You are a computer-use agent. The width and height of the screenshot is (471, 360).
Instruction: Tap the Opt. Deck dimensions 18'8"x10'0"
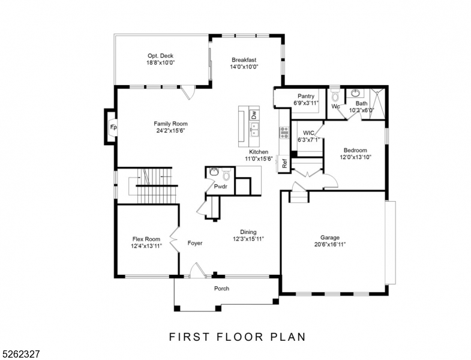pyautogui.click(x=160, y=62)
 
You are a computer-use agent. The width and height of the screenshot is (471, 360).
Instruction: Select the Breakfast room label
pyautogui.click(x=244, y=59)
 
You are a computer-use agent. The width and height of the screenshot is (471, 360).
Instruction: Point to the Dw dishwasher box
pyautogui.click(x=254, y=114)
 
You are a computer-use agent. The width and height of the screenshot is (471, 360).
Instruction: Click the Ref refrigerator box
pyautogui.click(x=284, y=162)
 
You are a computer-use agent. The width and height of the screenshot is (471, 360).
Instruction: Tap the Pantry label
pyautogui.click(x=306, y=96)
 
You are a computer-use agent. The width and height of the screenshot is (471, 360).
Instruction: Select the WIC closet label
pyautogui.click(x=308, y=133)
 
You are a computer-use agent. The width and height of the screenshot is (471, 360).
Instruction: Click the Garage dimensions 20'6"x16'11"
pyautogui.click(x=329, y=244)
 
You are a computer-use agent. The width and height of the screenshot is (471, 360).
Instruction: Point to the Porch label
pyautogui.click(x=222, y=289)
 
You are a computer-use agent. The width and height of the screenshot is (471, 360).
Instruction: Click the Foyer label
pyautogui.click(x=194, y=243)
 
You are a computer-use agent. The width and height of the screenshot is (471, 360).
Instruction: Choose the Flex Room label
pyautogui.click(x=146, y=239)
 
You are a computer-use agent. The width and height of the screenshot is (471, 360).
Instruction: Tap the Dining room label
pyautogui.click(x=248, y=232)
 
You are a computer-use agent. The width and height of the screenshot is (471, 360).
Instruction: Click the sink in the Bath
pyautogui.click(x=356, y=94)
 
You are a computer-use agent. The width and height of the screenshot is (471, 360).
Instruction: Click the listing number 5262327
pyautogui.click(x=20, y=355)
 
